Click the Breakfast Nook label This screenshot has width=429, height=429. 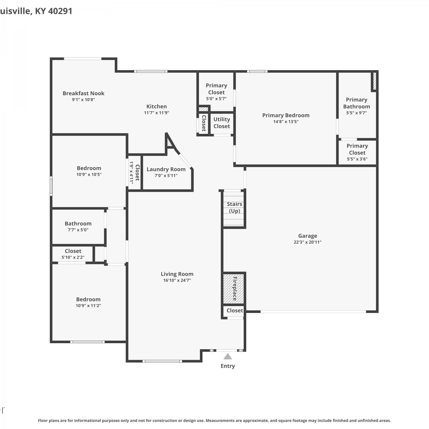pyautogui.click(x=84, y=93)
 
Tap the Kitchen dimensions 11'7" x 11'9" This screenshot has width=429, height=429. pyautogui.click(x=156, y=113)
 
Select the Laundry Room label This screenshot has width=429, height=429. pyautogui.click(x=166, y=169)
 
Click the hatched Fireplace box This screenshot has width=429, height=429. pyautogui.click(x=234, y=289)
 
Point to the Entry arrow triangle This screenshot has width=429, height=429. pyautogui.click(x=228, y=356)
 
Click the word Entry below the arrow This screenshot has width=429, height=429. pyautogui.click(x=228, y=366)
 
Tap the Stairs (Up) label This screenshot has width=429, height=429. pyautogui.click(x=235, y=207)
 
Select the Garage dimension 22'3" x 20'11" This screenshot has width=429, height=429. pyautogui.click(x=308, y=242)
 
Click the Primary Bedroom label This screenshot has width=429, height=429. pyautogui.click(x=286, y=115)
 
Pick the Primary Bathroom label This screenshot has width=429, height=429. pyautogui.click(x=357, y=103)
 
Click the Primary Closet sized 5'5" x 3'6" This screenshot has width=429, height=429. pyautogui.click(x=357, y=152)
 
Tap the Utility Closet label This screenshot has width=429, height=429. pyautogui.click(x=222, y=123)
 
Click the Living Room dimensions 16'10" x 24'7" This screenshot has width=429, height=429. pyautogui.click(x=177, y=280)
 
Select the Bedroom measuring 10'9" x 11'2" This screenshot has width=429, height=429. pyautogui.click(x=88, y=302)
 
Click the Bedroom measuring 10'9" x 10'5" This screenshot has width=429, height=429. pyautogui.click(x=89, y=171)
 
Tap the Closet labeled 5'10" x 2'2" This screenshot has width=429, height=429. pyautogui.click(x=73, y=254)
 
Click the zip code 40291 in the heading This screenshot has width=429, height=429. pyautogui.click(x=60, y=11)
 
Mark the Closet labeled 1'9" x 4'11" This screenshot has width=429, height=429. pyautogui.click(x=135, y=172)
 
